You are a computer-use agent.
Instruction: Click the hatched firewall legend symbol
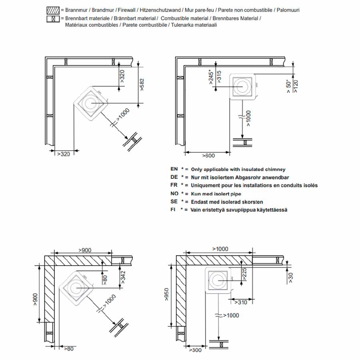pyautogui.click(x=53, y=10)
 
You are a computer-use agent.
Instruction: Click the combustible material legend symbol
pyautogui.click(x=53, y=18)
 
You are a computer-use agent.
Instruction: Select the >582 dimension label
pyautogui.click(x=142, y=85)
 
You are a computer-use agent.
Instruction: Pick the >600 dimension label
pyautogui.click(x=209, y=155)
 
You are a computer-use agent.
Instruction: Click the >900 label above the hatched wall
pyautogui.click(x=84, y=250)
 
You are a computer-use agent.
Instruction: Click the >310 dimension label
pyautogui.click(x=240, y=302)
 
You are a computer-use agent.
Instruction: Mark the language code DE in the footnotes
pyautogui.click(x=174, y=177)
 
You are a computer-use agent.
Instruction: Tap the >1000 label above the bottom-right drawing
pyautogui.click(x=220, y=249)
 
